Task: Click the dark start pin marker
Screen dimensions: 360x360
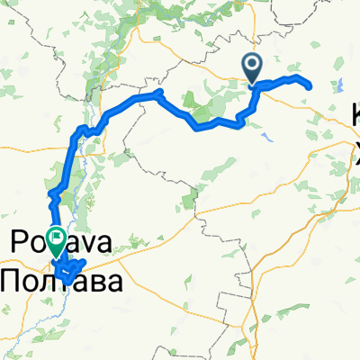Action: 251,66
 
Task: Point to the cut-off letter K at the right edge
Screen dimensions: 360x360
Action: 354,115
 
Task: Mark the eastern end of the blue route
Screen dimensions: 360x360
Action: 309,86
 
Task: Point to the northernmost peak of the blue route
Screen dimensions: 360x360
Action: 157,93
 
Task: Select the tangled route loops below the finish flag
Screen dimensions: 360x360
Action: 67,268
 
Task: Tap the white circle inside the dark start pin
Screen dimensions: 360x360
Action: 251,63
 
